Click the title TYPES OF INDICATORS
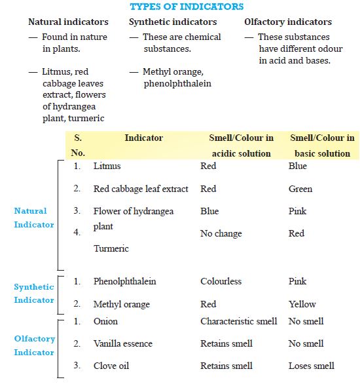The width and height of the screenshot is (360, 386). (x=187, y=7)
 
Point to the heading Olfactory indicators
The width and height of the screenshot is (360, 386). (x=288, y=22)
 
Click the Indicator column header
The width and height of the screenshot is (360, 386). (x=143, y=138)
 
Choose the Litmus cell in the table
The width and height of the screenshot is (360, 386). (x=107, y=166)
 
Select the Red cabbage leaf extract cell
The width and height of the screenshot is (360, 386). (x=141, y=189)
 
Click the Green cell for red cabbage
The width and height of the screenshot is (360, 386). (x=300, y=189)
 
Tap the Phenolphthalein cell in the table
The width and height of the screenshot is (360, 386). (x=125, y=282)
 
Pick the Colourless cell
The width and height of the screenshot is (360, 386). (x=221, y=282)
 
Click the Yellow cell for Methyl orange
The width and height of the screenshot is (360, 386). (x=302, y=304)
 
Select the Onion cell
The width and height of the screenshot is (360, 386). (x=105, y=322)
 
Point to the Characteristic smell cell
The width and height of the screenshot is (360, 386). (x=238, y=322)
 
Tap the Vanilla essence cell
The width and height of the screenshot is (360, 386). (x=123, y=344)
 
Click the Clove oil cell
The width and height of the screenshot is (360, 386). (x=111, y=366)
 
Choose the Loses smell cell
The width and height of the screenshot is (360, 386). (x=311, y=366)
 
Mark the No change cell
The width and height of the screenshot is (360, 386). (x=221, y=234)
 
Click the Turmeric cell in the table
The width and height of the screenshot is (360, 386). (x=111, y=249)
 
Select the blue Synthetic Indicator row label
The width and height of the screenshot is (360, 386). (x=34, y=294)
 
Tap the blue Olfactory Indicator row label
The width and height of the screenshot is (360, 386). (x=34, y=345)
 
